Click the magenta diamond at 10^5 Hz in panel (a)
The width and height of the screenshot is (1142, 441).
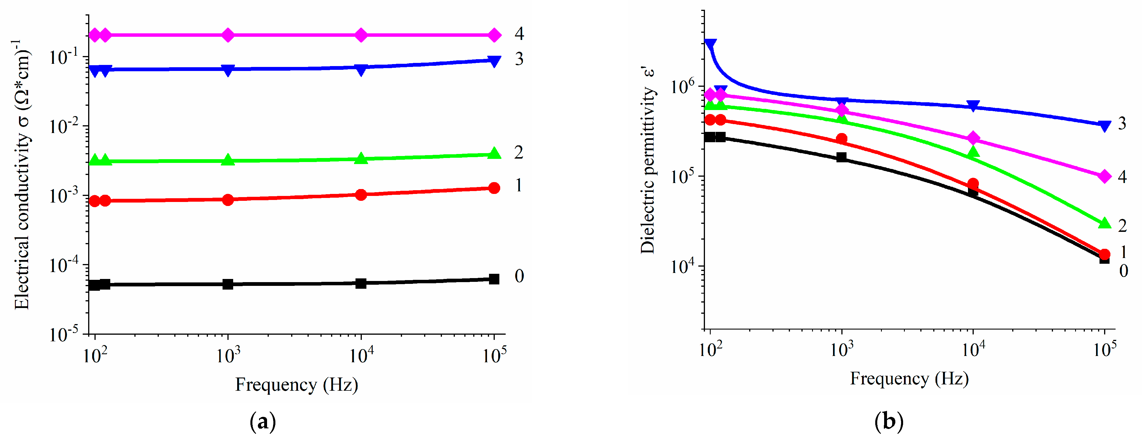pyautogui.click(x=494, y=35)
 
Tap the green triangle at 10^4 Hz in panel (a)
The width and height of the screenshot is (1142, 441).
pyautogui.click(x=361, y=158)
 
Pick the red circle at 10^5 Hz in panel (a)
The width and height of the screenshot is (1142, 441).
pyautogui.click(x=494, y=188)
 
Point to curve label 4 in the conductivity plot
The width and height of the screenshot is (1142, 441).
pyautogui.click(x=519, y=34)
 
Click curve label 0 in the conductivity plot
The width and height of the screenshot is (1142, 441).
pyautogui.click(x=519, y=276)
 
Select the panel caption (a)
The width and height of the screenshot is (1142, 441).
pyautogui.click(x=263, y=421)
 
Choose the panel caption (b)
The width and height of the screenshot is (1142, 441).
pyautogui.click(x=889, y=421)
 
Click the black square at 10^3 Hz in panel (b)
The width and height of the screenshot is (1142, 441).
pyautogui.click(x=841, y=157)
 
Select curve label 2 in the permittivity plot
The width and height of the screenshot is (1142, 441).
pyautogui.click(x=1122, y=226)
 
